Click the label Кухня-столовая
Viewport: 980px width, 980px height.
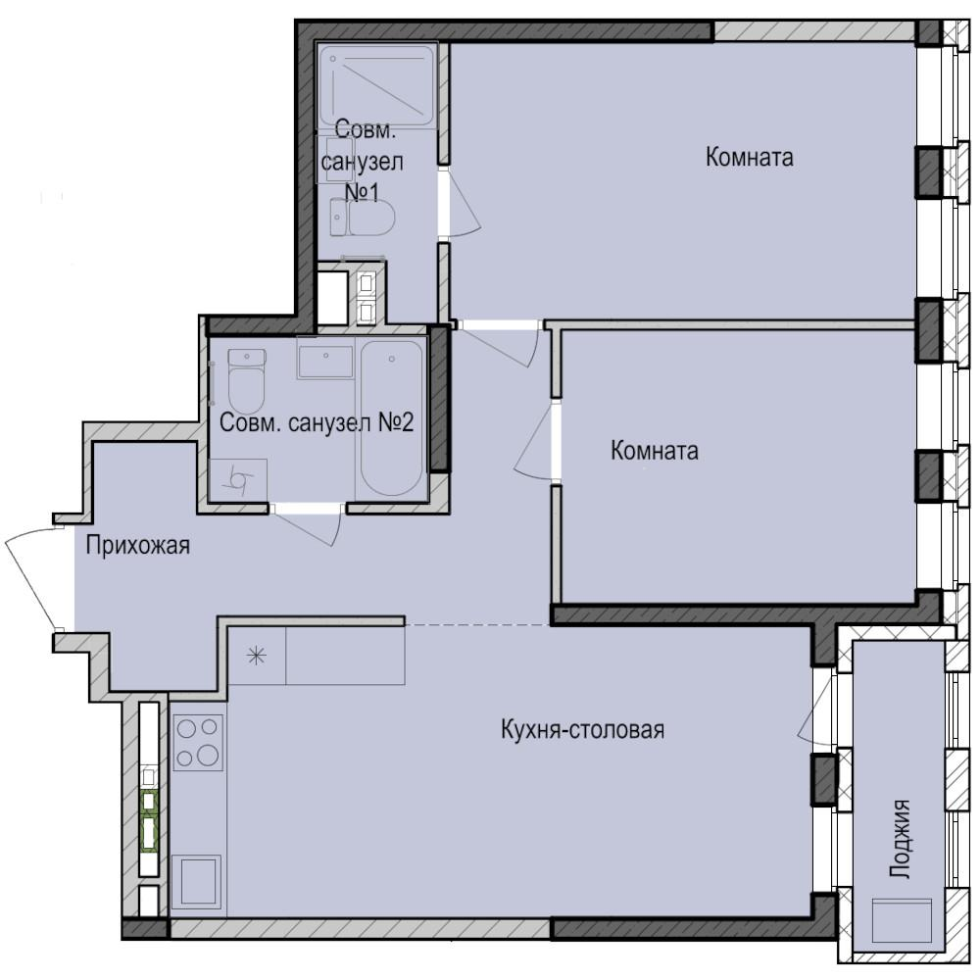[583, 730]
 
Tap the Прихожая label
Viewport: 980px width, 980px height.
[137, 546]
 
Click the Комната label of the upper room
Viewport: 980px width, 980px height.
[749, 157]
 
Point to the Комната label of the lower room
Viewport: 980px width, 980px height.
[654, 451]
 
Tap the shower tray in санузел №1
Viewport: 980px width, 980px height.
[376, 84]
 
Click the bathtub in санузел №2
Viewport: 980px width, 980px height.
[390, 418]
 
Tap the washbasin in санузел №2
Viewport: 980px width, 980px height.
[324, 362]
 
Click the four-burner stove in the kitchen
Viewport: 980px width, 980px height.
[198, 742]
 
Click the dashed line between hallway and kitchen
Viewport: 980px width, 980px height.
[476, 624]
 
